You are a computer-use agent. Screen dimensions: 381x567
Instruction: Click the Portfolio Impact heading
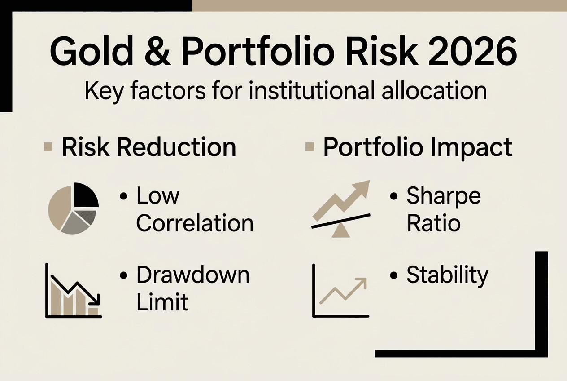[x=417, y=147]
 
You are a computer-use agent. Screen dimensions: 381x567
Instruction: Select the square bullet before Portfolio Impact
[x=309, y=147]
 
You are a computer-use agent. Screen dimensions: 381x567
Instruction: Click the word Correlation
[x=195, y=223]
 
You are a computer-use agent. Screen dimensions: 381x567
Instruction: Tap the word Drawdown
[x=193, y=275]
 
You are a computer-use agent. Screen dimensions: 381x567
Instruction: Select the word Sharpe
[x=443, y=196]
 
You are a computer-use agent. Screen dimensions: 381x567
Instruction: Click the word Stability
[x=447, y=275]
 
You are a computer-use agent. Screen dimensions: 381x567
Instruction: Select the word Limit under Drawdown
[x=162, y=302]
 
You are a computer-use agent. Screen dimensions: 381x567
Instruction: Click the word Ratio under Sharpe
[x=433, y=223]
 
